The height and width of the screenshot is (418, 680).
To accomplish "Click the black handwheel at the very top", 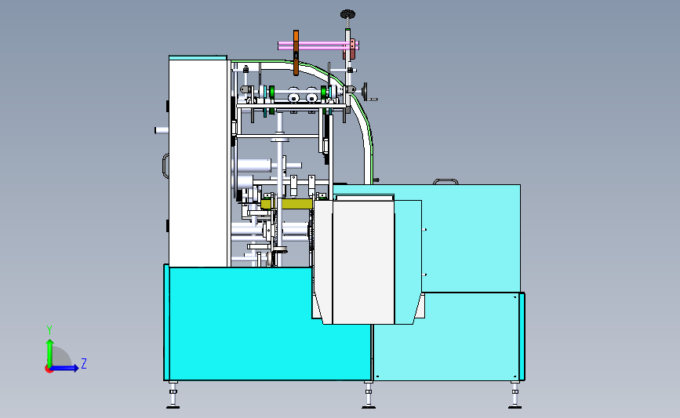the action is [x=347, y=13].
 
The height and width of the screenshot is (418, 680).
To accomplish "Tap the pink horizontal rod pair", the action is [x=318, y=45].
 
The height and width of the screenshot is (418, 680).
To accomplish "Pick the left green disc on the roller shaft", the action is [x=271, y=94].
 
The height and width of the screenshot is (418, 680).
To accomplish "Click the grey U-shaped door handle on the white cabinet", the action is [x=165, y=165].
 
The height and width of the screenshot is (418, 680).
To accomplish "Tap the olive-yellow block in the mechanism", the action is [x=296, y=204].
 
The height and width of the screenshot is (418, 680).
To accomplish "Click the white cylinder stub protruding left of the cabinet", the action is [x=162, y=129].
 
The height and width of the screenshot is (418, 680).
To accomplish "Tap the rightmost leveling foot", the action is [x=515, y=396].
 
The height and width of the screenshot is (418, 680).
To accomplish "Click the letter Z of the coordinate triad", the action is [x=83, y=364].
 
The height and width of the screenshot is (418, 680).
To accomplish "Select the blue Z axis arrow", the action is [x=66, y=368].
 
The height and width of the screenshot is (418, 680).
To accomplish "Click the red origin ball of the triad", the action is [x=49, y=369].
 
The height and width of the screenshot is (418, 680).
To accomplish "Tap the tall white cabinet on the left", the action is [x=198, y=161].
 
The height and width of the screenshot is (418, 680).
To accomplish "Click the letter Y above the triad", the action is [x=49, y=329].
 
